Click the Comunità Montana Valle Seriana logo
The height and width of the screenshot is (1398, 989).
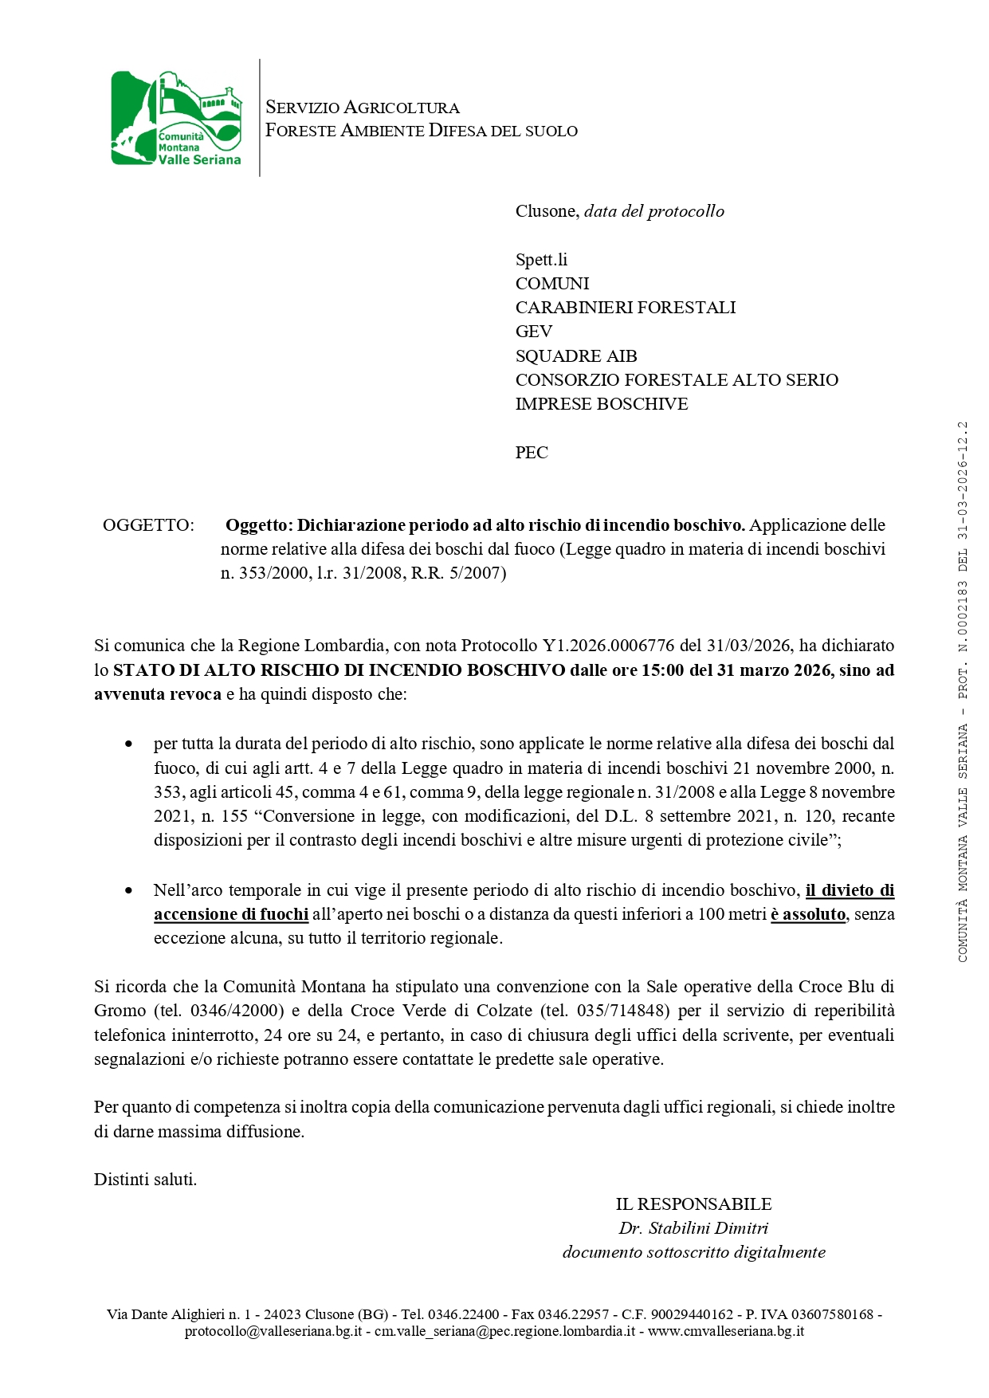pos(176,118)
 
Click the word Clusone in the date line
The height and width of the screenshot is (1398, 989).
pos(546,211)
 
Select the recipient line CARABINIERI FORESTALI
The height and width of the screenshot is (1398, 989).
pos(625,308)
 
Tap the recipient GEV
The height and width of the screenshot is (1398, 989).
pos(533,332)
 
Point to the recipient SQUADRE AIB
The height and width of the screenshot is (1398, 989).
pos(575,356)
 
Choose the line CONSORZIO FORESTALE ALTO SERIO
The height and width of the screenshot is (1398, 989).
pos(676,380)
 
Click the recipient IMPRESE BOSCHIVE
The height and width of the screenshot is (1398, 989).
pos(601,404)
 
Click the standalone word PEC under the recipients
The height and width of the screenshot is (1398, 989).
pos(532,453)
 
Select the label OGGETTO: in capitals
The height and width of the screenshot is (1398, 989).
pos(148,525)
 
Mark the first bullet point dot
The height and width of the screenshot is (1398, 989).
pos(128,744)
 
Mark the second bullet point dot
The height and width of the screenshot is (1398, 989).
pos(128,890)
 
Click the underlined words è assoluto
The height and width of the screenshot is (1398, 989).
pos(807,914)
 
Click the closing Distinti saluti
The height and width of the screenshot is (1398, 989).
pos(145,1180)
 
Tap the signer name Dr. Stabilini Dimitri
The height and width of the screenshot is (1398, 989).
pos(693,1228)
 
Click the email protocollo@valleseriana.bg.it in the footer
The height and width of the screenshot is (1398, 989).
pos(273,1331)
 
